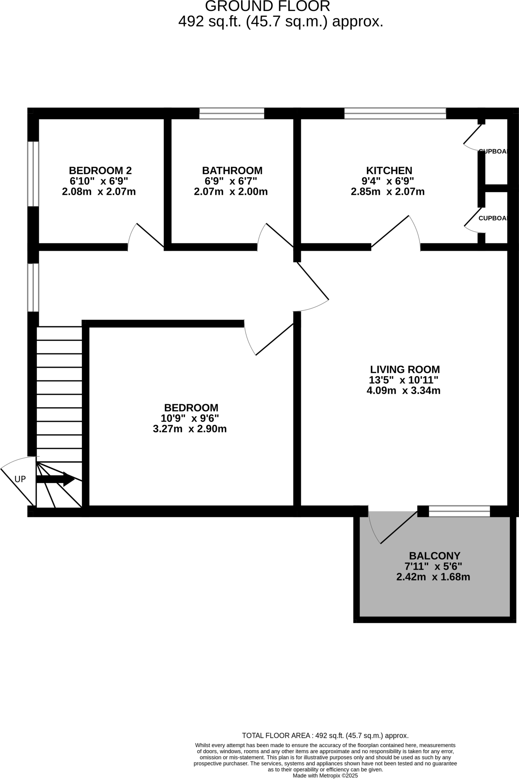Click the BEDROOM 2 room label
click(100, 170)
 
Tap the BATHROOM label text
click(232, 170)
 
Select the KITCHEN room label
click(389, 170)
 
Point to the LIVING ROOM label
click(405, 369)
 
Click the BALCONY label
click(434, 556)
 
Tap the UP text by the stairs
click(20, 479)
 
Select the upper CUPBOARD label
click(493, 151)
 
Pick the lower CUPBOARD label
click(493, 218)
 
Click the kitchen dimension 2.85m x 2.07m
click(387, 192)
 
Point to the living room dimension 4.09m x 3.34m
click(403, 391)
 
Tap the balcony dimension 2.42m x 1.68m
click(433, 577)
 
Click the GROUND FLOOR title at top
click(267, 6)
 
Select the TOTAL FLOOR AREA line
click(325, 736)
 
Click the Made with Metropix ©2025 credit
click(325, 776)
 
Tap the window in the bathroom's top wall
click(232, 113)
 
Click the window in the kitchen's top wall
click(395, 113)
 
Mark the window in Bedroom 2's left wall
click(33, 174)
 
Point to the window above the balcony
click(459, 511)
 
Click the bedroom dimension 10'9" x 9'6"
click(190, 418)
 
